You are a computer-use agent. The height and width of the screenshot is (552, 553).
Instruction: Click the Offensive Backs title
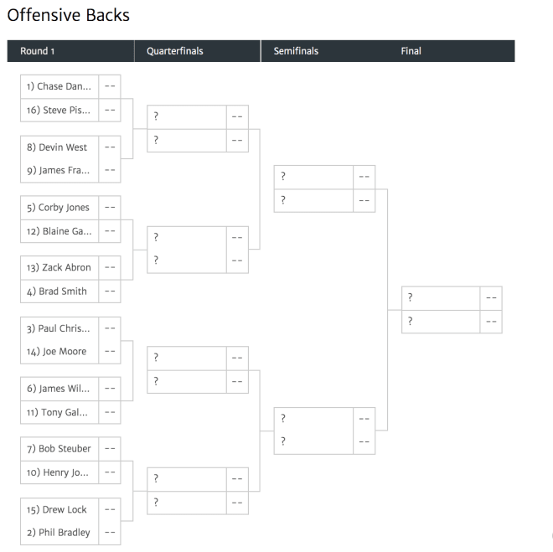[69, 15]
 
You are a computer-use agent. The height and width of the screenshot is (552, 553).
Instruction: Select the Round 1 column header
[37, 51]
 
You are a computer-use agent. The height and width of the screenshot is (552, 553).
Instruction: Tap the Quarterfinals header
[175, 51]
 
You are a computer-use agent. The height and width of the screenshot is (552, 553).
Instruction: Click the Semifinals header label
[296, 51]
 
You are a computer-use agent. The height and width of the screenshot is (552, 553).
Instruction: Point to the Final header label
[411, 51]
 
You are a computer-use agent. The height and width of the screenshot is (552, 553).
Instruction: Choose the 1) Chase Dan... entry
[59, 86]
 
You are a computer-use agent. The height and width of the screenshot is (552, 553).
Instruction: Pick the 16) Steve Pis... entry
[59, 110]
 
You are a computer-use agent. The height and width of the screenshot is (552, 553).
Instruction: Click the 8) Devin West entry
[57, 147]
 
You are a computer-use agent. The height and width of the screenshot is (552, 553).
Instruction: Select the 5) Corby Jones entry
[58, 208]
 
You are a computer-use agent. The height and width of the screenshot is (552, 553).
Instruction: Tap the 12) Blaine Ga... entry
[59, 231]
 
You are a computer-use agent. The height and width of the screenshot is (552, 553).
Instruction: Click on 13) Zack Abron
[59, 267]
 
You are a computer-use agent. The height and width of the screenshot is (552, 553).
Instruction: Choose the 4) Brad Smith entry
[57, 291]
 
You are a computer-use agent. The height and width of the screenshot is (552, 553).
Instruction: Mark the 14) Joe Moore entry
[57, 352]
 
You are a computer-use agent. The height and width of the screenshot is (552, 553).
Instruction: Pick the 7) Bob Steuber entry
[59, 449]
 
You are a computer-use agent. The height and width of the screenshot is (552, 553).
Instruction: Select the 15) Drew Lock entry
[57, 510]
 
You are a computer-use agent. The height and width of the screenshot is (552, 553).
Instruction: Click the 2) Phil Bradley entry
[59, 533]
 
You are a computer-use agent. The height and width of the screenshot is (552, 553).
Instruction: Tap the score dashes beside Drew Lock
[110, 510]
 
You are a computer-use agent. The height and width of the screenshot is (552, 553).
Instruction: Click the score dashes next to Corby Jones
[110, 208]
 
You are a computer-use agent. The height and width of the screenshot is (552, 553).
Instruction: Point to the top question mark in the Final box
[411, 297]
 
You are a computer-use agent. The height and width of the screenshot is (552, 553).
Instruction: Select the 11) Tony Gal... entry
[57, 412]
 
